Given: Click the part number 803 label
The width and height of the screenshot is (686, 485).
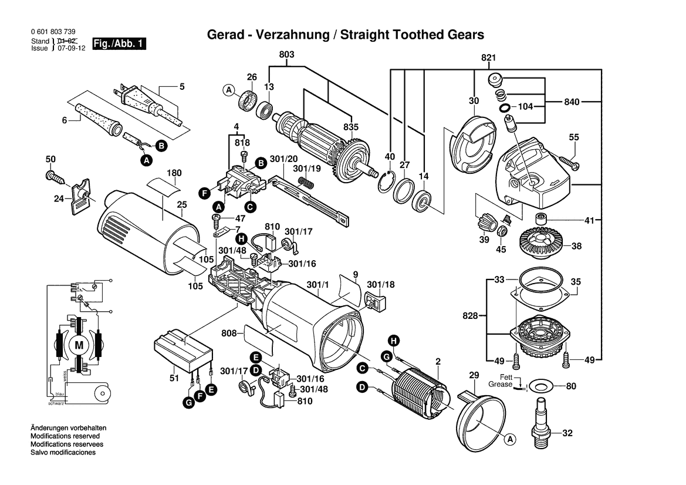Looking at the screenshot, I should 286,54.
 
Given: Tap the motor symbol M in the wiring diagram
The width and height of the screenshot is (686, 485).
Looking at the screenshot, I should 78,345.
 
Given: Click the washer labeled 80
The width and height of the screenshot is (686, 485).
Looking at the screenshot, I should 539,386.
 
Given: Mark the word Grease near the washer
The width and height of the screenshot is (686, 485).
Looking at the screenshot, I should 501,385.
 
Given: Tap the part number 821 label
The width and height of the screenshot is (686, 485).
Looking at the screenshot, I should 489,58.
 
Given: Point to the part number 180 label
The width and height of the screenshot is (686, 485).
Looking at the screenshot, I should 174,173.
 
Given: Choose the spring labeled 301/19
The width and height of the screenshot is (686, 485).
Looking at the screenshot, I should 306,184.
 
